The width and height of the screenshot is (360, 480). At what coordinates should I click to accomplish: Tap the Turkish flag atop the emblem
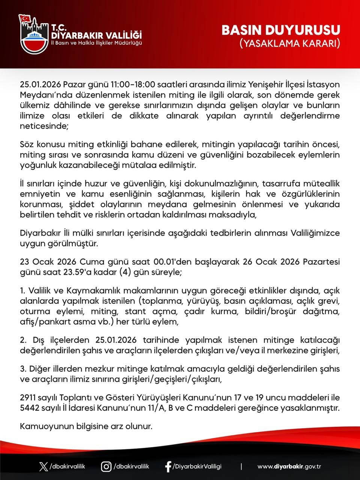pos(26,18)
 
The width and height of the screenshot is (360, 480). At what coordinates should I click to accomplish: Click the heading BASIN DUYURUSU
pos(281,30)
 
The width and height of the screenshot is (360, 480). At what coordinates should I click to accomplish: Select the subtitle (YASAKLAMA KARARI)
pos(290,43)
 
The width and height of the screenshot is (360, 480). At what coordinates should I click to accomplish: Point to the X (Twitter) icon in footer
pos(43,466)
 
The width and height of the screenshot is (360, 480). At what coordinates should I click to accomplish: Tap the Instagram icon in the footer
pos(106,466)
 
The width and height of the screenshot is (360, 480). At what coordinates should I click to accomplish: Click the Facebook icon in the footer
pos(168,466)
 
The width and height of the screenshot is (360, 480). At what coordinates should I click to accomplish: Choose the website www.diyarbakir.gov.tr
pos(289,466)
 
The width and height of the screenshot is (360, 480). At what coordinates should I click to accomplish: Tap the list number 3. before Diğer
pos(22,369)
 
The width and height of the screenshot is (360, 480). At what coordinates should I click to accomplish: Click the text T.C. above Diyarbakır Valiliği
pos(58,27)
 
